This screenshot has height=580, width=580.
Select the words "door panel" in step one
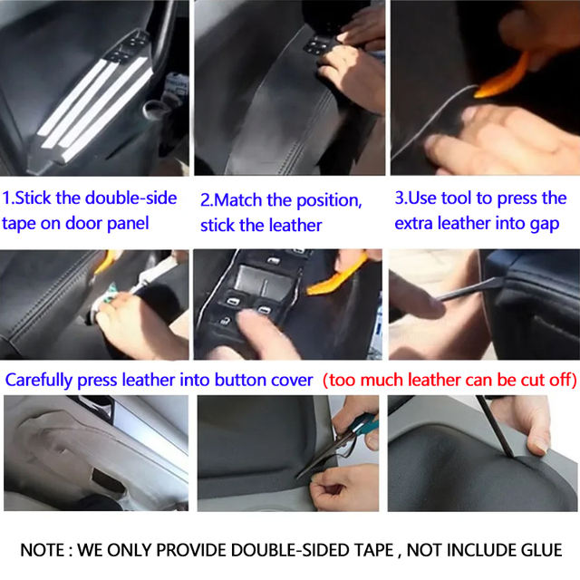coord(99,223)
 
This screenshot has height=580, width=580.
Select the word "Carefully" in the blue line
coord(38,380)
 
